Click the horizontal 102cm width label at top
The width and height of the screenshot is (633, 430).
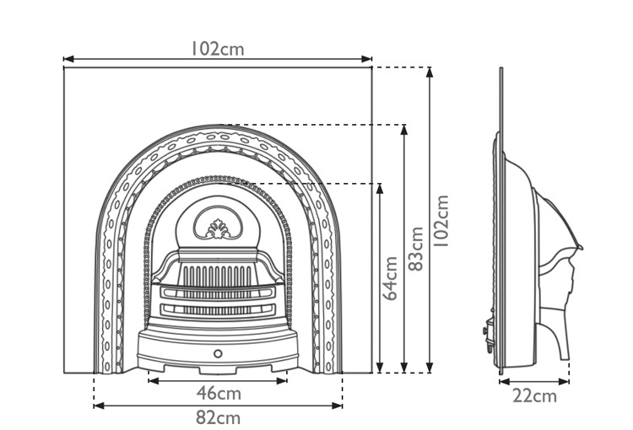pos(217,48)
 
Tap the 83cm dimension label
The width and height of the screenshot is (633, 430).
pos(415,249)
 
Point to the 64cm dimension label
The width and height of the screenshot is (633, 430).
pos(391,278)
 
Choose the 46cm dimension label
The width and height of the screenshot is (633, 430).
pos(219,393)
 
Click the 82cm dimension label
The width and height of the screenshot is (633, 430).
pos(219,417)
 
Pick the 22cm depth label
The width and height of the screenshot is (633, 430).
pos(535,395)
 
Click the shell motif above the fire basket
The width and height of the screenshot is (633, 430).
pos(219,228)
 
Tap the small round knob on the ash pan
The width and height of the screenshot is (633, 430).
pos(219,353)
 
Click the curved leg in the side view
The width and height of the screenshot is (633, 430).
pos(557,333)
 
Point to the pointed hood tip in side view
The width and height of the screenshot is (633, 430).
pos(580,247)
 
